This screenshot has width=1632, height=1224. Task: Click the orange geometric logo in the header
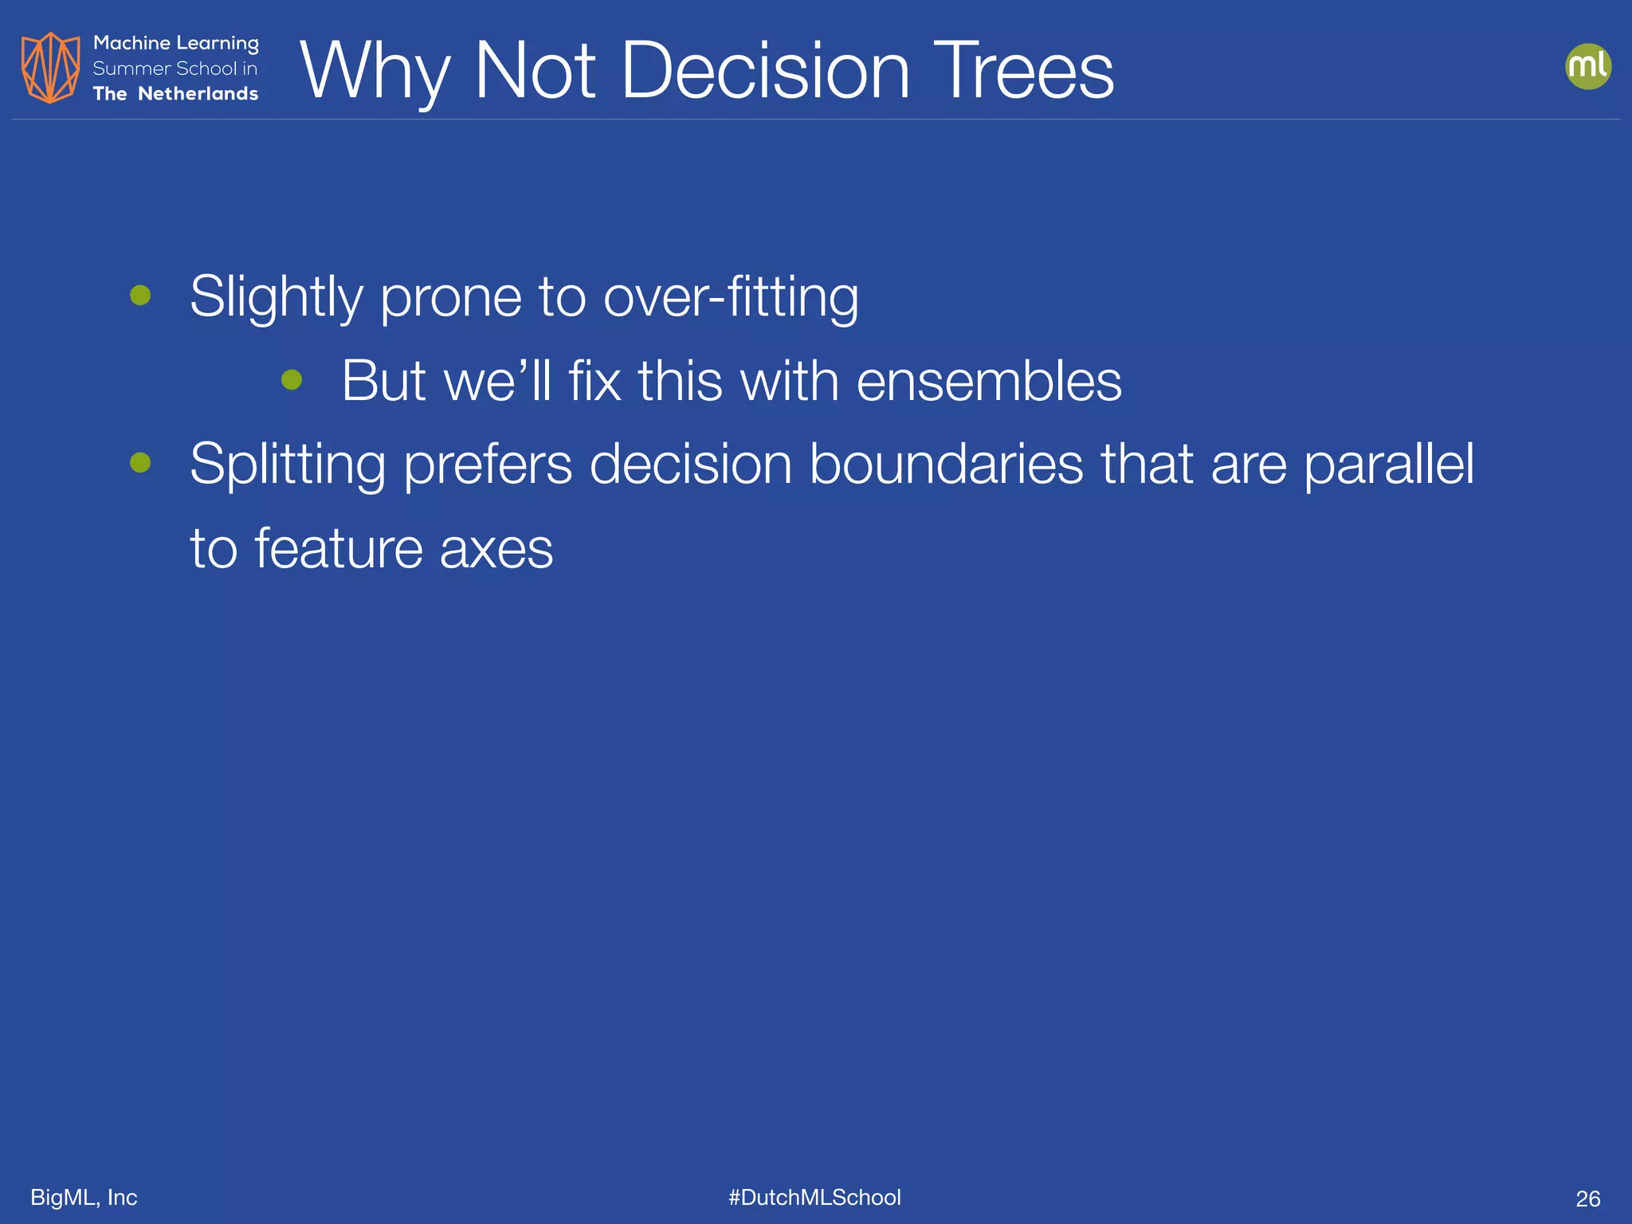[x=50, y=68]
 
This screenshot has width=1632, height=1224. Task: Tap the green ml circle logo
[x=1587, y=66]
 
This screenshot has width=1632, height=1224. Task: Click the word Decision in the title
[x=764, y=72]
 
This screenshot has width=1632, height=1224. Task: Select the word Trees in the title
[x=1023, y=72]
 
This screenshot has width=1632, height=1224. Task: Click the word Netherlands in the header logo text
[x=198, y=94]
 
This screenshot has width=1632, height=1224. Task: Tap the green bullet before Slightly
[x=140, y=296]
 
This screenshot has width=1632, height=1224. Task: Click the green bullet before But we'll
[x=292, y=380]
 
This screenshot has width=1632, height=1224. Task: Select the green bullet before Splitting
[x=140, y=463]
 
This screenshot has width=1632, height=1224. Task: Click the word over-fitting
[x=731, y=297]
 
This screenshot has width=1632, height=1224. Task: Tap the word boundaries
[x=946, y=464]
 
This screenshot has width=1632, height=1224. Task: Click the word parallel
[x=1388, y=464]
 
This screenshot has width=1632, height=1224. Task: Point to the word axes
[x=496, y=549]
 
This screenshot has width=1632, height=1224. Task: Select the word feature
[x=338, y=549]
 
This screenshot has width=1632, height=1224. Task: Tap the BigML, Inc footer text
[x=84, y=1197]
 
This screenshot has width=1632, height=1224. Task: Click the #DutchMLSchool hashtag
[x=814, y=1197]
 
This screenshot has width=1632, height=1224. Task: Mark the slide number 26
[x=1587, y=1198]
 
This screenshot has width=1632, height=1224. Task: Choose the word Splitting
[x=288, y=465]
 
